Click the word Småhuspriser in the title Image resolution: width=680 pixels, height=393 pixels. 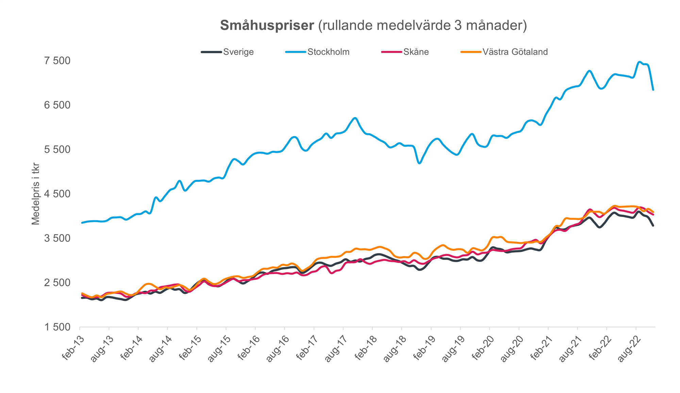point(267,25)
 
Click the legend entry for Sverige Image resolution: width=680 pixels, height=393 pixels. point(238,52)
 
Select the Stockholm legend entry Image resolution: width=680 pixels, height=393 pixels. point(328,52)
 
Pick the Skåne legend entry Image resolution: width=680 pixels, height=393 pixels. point(416,52)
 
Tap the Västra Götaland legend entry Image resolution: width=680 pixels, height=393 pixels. point(515,52)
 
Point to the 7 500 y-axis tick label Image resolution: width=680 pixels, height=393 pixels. point(57,61)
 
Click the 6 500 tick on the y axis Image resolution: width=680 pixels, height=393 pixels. point(57,105)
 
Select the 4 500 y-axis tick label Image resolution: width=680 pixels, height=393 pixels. point(57,194)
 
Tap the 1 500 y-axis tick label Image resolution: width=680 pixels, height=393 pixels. point(57,327)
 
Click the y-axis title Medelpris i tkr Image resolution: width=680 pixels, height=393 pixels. point(36,194)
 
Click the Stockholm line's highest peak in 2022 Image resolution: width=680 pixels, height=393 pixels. point(640,62)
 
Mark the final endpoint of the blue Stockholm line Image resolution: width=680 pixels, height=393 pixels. point(653,90)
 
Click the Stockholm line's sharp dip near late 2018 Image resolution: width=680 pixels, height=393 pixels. point(419,163)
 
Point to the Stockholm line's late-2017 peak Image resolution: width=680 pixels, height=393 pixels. point(355,118)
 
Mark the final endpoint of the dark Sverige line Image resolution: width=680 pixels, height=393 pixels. point(653,226)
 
